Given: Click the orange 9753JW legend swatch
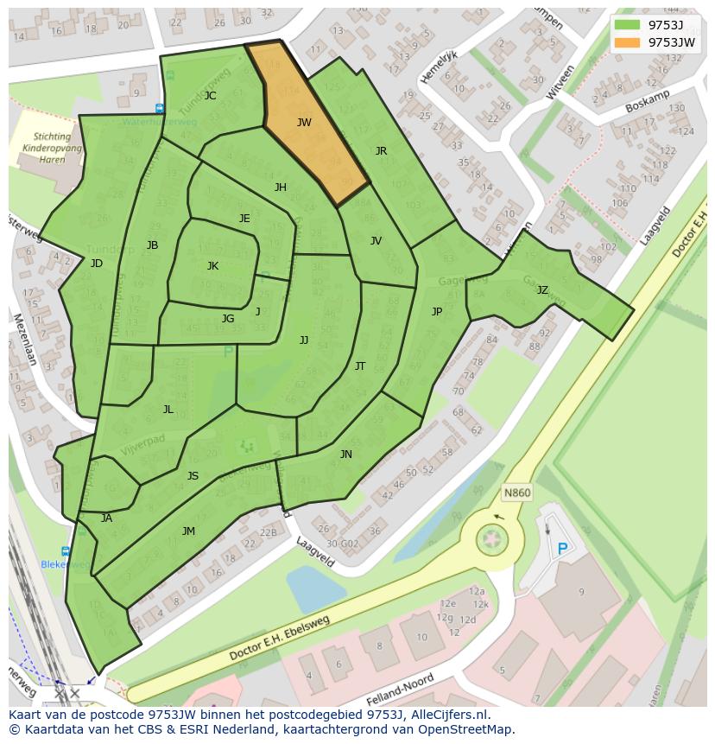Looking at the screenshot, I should [x=628, y=42].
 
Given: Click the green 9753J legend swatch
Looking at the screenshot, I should [x=628, y=25].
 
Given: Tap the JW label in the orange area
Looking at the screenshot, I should [x=304, y=123].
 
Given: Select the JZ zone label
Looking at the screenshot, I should [x=542, y=290].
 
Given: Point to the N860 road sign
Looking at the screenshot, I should [x=516, y=493].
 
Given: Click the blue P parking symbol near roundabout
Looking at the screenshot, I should [x=563, y=549].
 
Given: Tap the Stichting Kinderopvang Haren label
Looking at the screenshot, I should [x=52, y=148].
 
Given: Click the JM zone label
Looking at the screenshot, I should [x=188, y=531].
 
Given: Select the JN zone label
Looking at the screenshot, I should [x=345, y=455].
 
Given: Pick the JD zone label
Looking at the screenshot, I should [x=96, y=264].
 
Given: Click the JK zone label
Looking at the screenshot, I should [x=212, y=266].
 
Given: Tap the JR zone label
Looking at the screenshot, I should [x=381, y=150].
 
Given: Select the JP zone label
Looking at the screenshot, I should [x=437, y=312].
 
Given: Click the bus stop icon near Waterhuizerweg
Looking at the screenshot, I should [x=160, y=108].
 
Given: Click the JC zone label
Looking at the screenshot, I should [x=210, y=96].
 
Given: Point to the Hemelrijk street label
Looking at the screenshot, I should [x=439, y=67].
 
